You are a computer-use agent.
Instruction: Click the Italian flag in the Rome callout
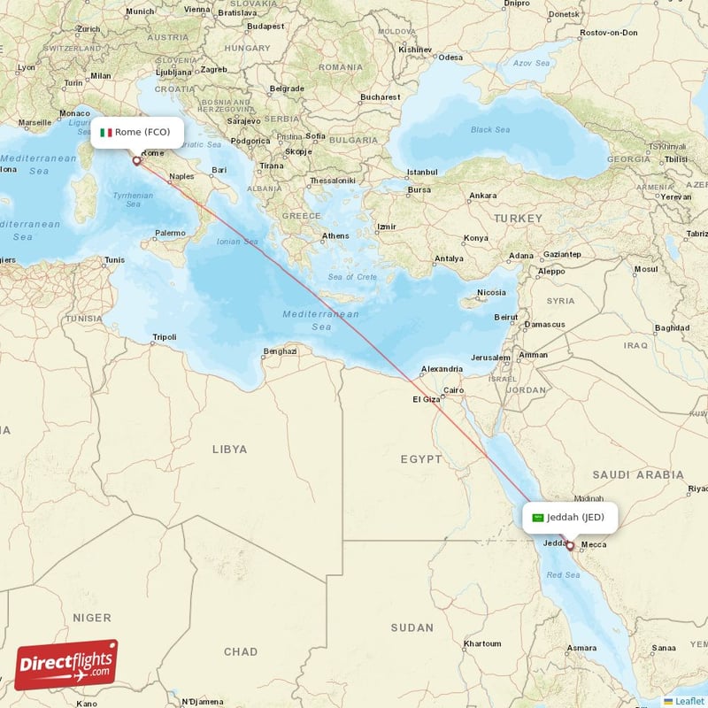click(105, 133)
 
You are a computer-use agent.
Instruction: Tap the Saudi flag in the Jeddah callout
click(537, 518)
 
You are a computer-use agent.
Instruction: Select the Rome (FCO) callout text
click(142, 133)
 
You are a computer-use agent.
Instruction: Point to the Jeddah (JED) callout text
click(575, 518)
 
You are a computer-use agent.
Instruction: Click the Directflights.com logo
click(66, 664)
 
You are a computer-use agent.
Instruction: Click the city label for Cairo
click(454, 389)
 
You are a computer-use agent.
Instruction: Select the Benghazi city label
click(280, 351)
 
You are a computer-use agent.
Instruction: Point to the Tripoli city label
click(165, 337)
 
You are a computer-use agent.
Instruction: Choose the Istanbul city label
click(422, 171)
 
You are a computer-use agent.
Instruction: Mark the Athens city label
click(335, 235)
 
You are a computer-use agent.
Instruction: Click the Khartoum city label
click(482, 643)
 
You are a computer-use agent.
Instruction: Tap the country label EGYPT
click(420, 459)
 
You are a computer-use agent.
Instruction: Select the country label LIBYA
click(230, 450)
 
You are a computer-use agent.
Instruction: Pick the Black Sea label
click(490, 130)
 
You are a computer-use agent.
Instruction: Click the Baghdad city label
click(673, 327)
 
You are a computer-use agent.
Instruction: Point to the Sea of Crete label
click(353, 277)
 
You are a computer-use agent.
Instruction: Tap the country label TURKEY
click(518, 218)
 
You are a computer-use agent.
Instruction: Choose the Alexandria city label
click(441, 369)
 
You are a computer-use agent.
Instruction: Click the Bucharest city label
click(381, 96)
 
